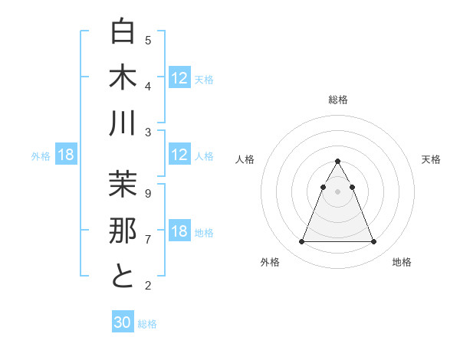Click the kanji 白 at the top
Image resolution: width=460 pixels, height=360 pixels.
click(x=123, y=33)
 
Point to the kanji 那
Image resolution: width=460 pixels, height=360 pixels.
click(x=123, y=230)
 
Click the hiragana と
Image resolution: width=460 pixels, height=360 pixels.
click(x=123, y=275)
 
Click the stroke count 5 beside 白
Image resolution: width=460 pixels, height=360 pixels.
click(x=148, y=40)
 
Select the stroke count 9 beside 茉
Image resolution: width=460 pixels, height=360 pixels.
click(x=148, y=193)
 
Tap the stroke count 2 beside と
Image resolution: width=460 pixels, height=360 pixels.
click(x=148, y=286)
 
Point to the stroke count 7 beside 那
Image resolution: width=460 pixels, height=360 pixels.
click(x=148, y=239)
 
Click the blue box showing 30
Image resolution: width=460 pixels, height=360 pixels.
click(x=123, y=323)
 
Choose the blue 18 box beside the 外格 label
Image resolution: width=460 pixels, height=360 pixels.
click(x=66, y=155)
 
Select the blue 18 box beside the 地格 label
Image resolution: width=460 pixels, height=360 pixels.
click(x=179, y=232)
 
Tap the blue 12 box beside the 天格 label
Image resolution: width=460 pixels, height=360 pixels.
click(x=179, y=78)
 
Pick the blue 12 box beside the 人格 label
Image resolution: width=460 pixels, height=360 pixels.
click(x=179, y=155)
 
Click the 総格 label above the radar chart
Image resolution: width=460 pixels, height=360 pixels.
click(x=337, y=100)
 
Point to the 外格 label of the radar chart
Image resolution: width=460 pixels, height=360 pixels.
click(x=270, y=262)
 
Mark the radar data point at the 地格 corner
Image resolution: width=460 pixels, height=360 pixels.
click(x=374, y=242)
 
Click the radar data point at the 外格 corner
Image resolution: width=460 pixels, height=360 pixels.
click(x=301, y=242)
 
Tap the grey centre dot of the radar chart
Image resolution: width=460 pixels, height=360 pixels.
click(x=337, y=191)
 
